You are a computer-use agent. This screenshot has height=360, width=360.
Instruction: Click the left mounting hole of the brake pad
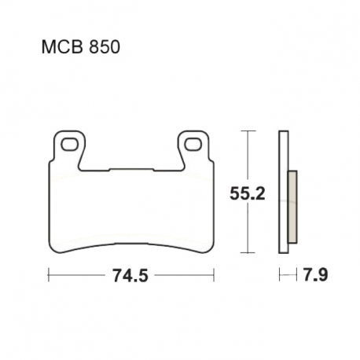pos(69,145)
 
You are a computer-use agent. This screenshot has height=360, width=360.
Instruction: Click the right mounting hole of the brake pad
pos(193,145)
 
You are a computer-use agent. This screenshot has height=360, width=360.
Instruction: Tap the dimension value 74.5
pos(130,275)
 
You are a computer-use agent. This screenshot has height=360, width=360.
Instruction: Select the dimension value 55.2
pos(248,193)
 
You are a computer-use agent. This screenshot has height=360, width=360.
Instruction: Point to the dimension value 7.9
pos(315,275)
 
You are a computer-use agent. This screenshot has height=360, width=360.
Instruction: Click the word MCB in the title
pos(62,47)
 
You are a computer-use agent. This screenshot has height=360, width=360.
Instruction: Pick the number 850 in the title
pos(105,47)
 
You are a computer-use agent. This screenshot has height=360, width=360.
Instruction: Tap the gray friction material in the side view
pos(292,207)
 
